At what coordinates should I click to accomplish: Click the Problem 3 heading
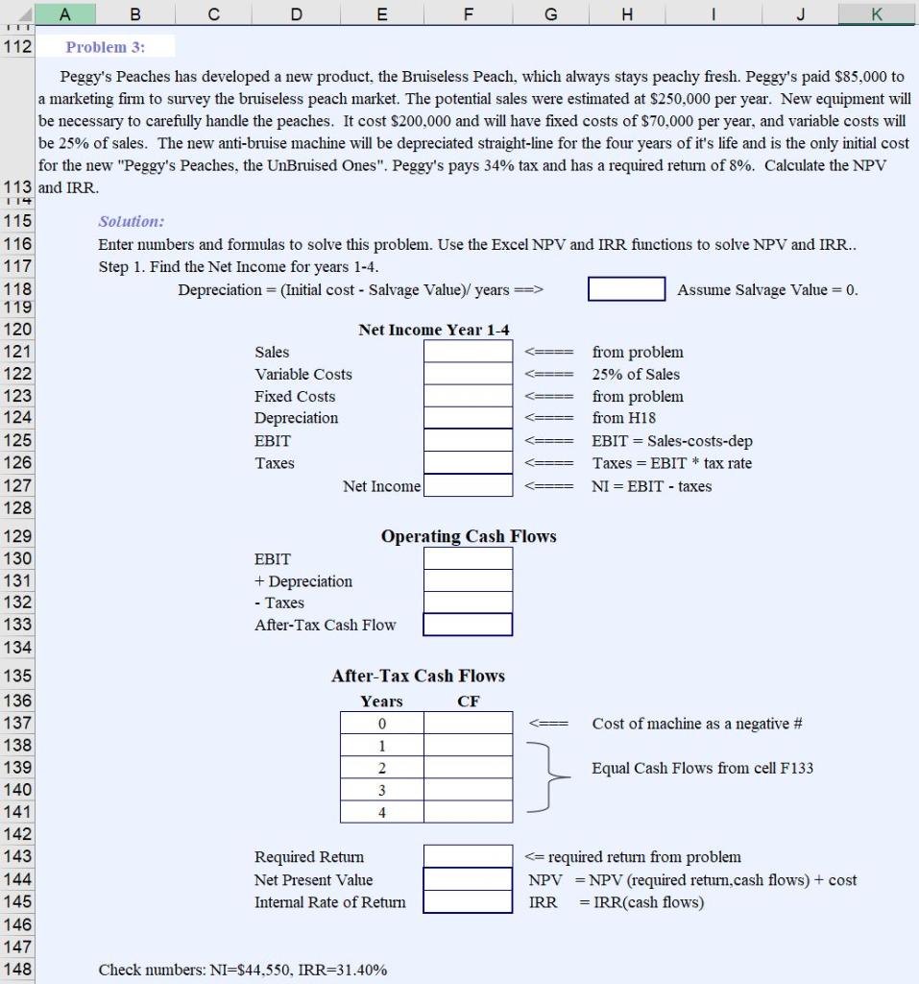coord(106,47)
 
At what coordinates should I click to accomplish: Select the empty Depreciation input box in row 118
coord(626,289)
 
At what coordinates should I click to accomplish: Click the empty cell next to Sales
coord(468,352)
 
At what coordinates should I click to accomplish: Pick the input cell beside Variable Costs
coord(468,374)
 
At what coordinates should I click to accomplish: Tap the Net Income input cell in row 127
coord(468,486)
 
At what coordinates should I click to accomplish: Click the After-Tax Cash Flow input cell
coord(468,625)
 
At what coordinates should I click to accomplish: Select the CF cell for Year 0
coord(468,724)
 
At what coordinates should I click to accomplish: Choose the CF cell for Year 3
coord(468,790)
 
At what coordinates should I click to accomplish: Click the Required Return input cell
coord(468,856)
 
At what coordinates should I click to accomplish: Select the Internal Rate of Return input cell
coord(468,902)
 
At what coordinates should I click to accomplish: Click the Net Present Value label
coord(313,879)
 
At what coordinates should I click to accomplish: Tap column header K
coord(876,12)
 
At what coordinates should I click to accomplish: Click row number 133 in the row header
coord(18,625)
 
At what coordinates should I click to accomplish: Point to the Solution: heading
coord(132,221)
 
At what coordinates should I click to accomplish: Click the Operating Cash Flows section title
coord(468,536)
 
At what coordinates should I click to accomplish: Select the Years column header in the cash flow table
coord(381,701)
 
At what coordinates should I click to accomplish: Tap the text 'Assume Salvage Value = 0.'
coord(767,289)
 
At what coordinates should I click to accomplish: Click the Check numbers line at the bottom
coord(243,970)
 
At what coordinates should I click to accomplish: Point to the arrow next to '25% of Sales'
coord(549,375)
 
